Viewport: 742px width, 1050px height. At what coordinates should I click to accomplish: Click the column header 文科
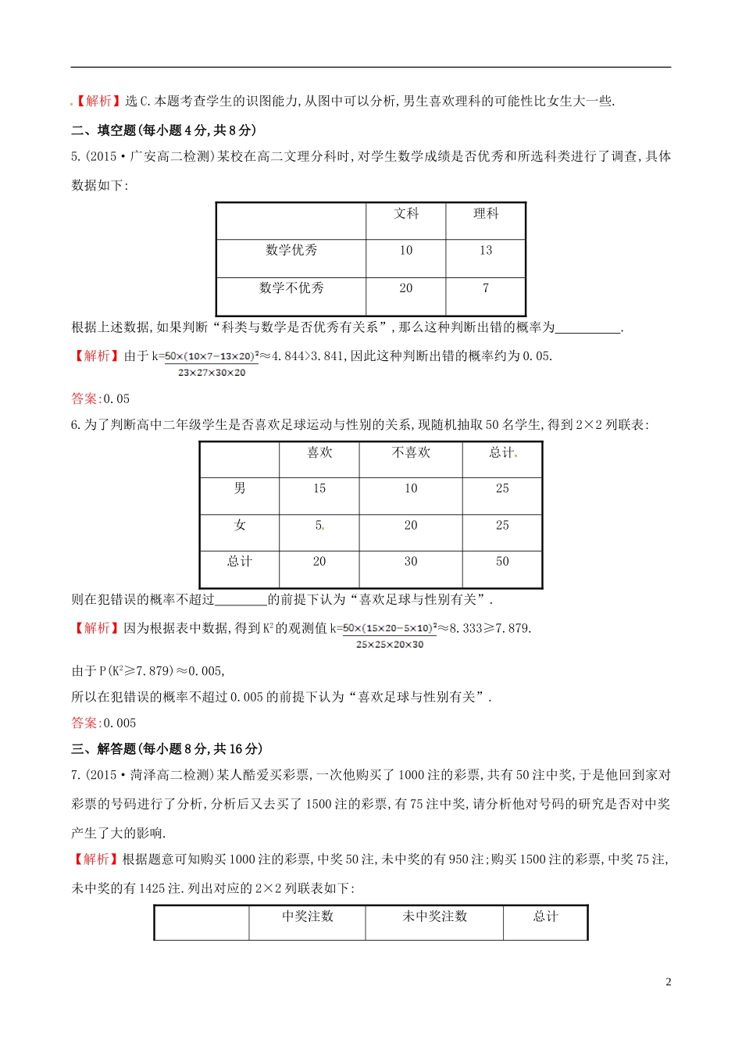pos(406,213)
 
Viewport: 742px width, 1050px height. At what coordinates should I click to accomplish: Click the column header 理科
pos(486,213)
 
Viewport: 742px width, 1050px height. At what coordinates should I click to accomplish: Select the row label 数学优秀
pos(291,250)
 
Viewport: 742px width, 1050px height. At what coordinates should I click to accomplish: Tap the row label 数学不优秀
pos(291,287)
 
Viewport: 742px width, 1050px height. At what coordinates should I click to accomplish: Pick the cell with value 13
pos(486,250)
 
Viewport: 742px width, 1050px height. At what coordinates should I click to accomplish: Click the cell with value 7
pos(486,287)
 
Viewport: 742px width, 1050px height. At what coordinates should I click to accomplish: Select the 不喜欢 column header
pos(411,452)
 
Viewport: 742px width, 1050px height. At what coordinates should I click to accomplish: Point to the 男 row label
pos(240,488)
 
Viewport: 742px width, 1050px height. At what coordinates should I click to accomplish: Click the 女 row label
pos(240,525)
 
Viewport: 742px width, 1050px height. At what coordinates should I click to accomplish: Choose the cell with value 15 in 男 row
pos(319,488)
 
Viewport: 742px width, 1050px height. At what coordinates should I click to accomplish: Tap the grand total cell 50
pos(502,561)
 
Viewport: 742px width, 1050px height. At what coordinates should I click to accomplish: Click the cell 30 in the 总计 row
pos(411,561)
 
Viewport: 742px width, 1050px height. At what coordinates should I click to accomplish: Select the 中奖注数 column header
pos(308,916)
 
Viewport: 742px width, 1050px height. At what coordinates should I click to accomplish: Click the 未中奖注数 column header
pos(434,916)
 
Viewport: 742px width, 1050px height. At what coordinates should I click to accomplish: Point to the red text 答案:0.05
pos(101,398)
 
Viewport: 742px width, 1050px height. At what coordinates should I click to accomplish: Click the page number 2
pos(668,982)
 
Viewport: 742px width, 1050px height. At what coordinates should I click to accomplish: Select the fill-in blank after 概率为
pos(587,328)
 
